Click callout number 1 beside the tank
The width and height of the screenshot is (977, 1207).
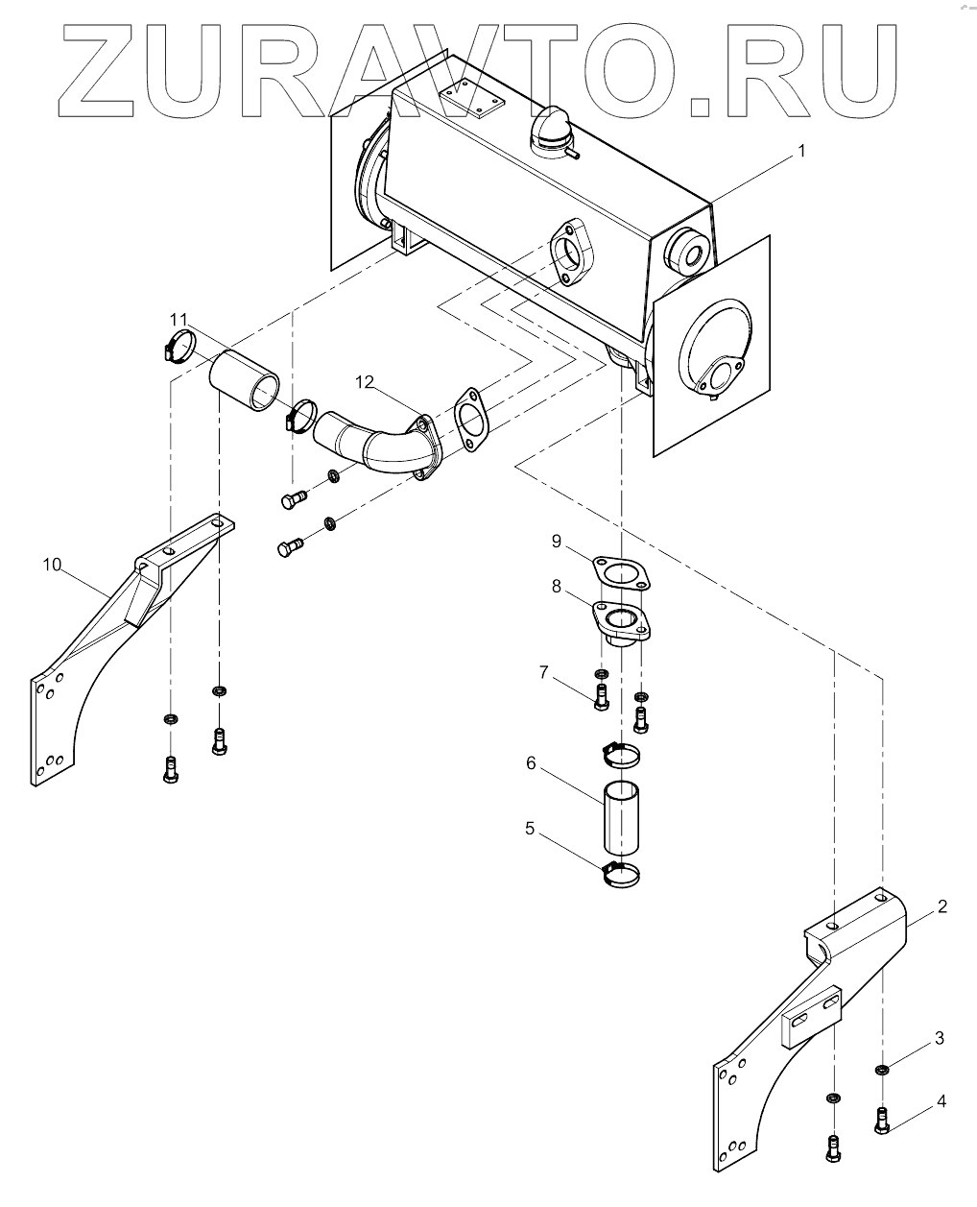click(800, 152)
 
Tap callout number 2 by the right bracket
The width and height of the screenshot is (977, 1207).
click(941, 906)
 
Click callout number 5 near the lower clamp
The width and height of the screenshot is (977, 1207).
click(530, 829)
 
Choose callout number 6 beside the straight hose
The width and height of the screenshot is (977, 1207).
click(531, 763)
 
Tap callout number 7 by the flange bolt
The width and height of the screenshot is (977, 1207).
click(544, 672)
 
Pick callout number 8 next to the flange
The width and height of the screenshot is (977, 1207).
click(557, 587)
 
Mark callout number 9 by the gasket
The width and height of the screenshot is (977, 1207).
click(557, 542)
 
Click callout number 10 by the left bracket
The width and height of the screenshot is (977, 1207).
click(52, 565)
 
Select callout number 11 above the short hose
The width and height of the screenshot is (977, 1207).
click(179, 319)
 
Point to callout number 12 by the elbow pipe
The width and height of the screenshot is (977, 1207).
click(365, 382)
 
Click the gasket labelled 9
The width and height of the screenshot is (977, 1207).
click(621, 574)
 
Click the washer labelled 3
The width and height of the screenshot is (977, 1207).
click(882, 1070)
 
